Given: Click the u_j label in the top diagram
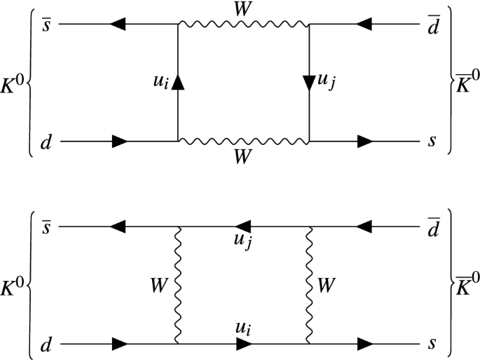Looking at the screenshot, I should coord(327,82).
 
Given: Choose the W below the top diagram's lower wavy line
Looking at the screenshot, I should coord(242,158).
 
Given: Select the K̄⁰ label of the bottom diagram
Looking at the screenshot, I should coord(465,286).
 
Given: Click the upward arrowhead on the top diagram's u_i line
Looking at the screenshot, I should coord(178,83).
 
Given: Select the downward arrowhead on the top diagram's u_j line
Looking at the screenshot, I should coord(308,83).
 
